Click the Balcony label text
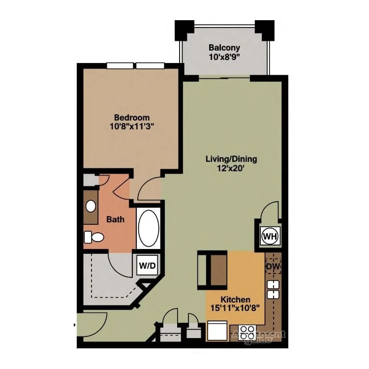[x=224, y=48]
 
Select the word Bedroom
[x=131, y=118]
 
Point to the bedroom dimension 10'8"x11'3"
[x=131, y=126]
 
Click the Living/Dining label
[x=231, y=159]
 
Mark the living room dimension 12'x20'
[x=231, y=168]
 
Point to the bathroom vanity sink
[x=91, y=206]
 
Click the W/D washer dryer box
[x=147, y=266]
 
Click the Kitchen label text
[x=235, y=299]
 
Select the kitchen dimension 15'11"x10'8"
[x=235, y=308]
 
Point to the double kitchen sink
[x=273, y=289]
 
